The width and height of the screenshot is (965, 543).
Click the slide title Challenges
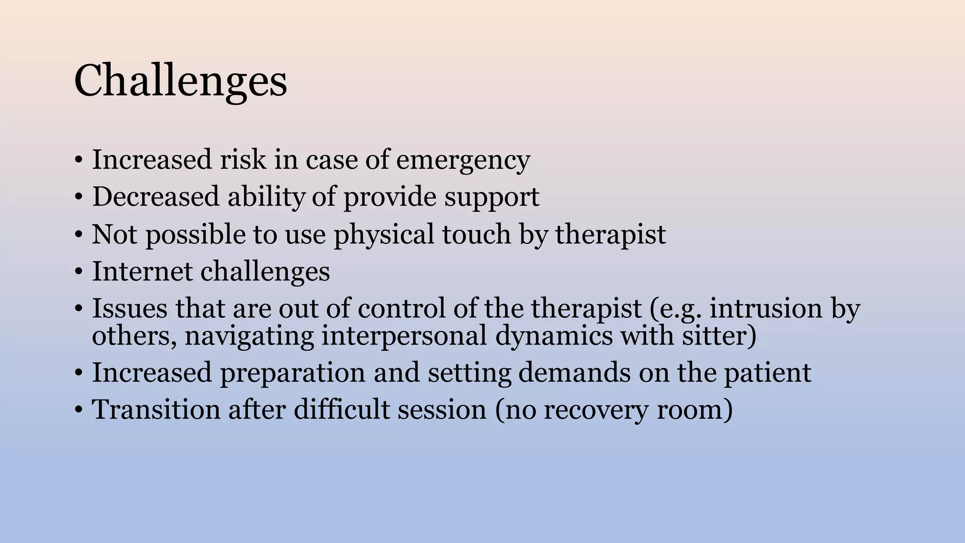point(180,81)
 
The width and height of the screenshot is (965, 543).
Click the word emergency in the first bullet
point(463,160)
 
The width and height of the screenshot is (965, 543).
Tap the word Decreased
point(155,197)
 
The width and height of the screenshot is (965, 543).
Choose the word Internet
point(142,271)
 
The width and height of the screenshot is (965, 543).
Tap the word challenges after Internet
point(265,271)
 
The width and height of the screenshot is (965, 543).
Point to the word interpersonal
point(404,337)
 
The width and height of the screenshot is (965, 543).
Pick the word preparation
point(293,373)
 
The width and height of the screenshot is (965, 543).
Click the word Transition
point(156,409)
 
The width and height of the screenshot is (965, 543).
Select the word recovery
point(596,410)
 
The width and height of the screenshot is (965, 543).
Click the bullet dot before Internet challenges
point(79,272)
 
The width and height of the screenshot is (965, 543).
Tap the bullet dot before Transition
point(79,410)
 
